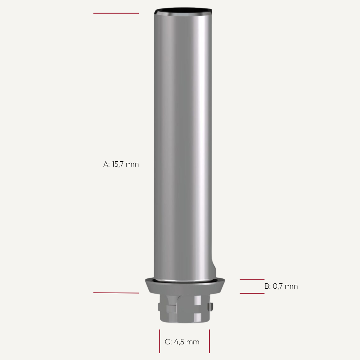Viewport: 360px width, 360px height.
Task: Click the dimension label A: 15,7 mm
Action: click(x=121, y=164)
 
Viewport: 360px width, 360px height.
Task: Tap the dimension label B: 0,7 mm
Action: click(x=281, y=286)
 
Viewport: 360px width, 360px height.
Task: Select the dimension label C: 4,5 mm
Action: click(x=182, y=342)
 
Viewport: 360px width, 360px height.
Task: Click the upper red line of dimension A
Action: click(x=116, y=13)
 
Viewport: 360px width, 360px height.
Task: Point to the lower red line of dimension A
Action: click(x=116, y=293)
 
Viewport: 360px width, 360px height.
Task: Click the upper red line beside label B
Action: click(x=252, y=280)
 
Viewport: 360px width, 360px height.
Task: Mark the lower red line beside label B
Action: click(x=252, y=293)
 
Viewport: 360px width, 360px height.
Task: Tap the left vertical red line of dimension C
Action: click(x=159, y=341)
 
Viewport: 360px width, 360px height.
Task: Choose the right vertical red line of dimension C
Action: click(x=209, y=341)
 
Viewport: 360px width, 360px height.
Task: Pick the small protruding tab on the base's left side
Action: click(x=159, y=306)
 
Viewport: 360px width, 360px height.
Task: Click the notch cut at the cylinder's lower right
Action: click(x=214, y=267)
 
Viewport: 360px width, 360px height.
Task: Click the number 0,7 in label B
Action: click(x=278, y=286)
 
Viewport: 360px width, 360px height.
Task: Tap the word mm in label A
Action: click(x=132, y=164)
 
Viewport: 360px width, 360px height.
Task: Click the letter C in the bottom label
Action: click(x=167, y=342)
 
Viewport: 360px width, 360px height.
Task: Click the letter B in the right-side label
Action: click(x=267, y=286)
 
